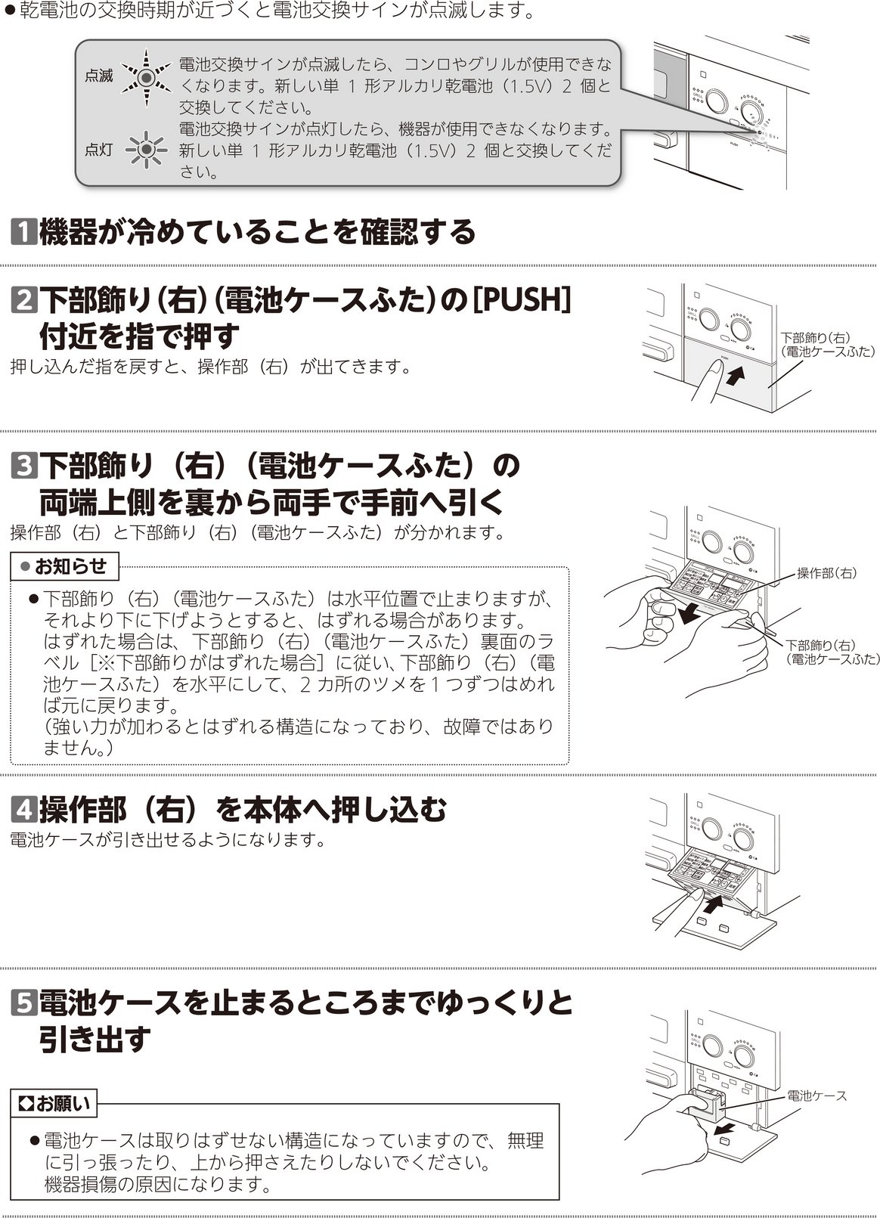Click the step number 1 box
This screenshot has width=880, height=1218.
[x=24, y=232]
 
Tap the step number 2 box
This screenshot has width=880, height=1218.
[x=24, y=300]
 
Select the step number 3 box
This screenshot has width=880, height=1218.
[x=24, y=466]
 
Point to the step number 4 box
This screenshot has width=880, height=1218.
[x=24, y=810]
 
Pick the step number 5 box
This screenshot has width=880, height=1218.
[x=24, y=1003]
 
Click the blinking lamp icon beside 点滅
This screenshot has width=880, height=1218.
[x=146, y=78]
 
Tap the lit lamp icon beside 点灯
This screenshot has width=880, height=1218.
[x=146, y=149]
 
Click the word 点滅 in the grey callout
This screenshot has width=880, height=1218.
[x=98, y=76]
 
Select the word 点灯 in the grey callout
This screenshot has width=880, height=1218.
[x=98, y=150]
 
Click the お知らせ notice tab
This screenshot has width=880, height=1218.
[x=65, y=566]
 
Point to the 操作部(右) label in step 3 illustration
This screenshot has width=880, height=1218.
[x=826, y=573]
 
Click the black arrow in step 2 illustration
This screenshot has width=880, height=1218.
[x=735, y=375]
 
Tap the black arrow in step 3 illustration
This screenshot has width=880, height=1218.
[x=689, y=615]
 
